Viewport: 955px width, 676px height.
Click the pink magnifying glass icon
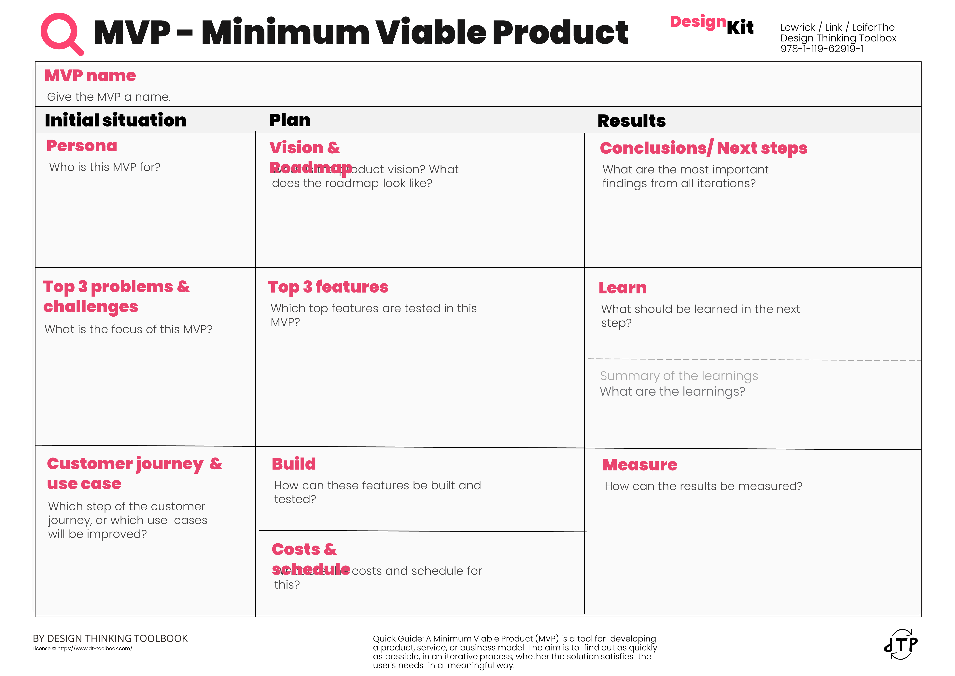coord(62,33)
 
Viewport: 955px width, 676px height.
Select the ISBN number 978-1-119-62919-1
coord(822,49)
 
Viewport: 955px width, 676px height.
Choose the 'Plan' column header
coord(290,120)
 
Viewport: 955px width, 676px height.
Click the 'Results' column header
coord(631,121)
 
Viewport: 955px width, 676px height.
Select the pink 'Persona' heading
coord(82,146)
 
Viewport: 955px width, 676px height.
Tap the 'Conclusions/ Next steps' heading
coord(703,148)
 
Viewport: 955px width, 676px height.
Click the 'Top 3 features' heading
coord(328,287)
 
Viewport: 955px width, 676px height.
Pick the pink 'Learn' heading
coord(623,288)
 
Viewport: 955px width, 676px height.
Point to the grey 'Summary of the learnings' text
coord(679,376)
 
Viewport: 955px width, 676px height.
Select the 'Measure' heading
coord(640,465)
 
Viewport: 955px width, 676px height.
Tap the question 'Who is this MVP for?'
coord(105,167)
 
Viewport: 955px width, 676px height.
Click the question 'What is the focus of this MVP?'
coord(129,329)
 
